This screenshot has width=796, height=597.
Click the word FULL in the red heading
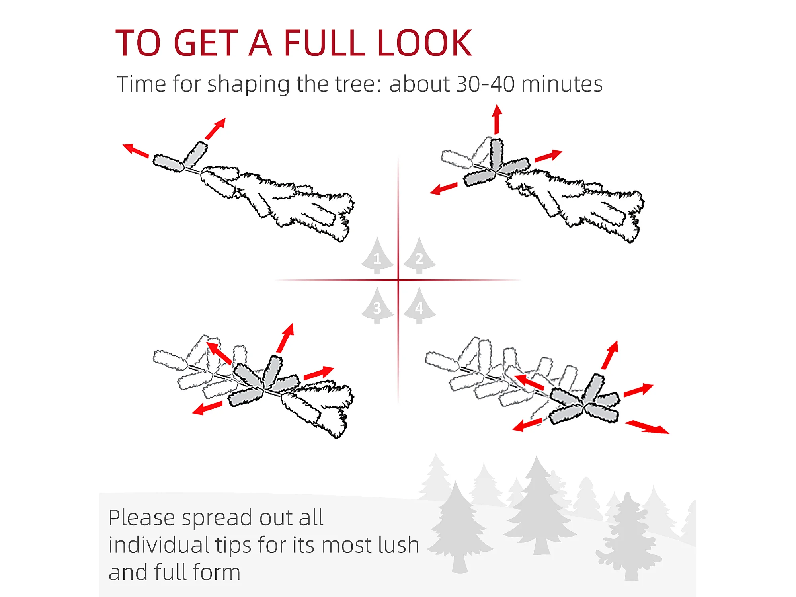[x=324, y=43]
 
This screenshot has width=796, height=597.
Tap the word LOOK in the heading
[x=425, y=43]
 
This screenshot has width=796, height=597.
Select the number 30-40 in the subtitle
[x=485, y=84]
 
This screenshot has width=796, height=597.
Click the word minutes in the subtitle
[x=562, y=84]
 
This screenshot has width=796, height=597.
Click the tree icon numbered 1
[x=377, y=256]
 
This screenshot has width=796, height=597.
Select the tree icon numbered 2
[x=419, y=256]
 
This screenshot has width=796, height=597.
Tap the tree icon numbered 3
[x=377, y=305]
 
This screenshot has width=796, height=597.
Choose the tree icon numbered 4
[x=419, y=305]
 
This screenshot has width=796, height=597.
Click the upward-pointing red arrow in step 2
[x=497, y=119]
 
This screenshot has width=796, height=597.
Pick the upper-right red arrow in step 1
[x=215, y=129]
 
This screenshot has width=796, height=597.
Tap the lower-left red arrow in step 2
[x=444, y=189]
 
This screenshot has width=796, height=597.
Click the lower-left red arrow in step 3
[x=207, y=408]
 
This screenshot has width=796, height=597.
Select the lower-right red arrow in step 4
[x=647, y=427]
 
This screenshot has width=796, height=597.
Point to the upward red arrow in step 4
[x=610, y=355]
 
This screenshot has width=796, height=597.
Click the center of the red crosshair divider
[x=398, y=280]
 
